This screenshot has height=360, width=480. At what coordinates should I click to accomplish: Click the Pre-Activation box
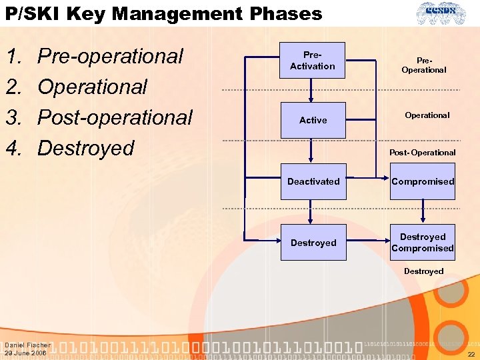coord(313,61)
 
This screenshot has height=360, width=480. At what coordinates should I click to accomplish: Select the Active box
coord(313,120)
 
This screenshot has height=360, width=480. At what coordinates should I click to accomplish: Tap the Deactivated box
coord(313,181)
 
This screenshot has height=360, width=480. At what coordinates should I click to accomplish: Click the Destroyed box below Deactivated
coord(313,243)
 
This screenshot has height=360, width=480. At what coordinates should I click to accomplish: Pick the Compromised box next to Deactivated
coord(423,181)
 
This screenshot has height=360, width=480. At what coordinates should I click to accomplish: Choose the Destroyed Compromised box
coord(423,243)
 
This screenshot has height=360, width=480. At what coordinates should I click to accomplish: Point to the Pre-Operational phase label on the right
coord(423,65)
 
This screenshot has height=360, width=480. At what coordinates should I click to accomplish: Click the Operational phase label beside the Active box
coord(427,115)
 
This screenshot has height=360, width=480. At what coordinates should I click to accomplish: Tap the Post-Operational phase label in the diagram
coord(422,153)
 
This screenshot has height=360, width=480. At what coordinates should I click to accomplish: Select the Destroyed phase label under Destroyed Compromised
coord(423,271)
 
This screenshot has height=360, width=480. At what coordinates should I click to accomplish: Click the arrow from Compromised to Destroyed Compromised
coord(423,212)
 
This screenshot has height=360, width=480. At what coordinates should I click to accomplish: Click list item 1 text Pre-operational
coord(110,57)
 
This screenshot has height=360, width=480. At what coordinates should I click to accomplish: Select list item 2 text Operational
coord(92,87)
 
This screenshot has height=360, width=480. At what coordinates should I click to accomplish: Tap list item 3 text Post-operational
coord(115,117)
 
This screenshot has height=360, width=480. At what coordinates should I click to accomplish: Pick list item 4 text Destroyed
coord(86,148)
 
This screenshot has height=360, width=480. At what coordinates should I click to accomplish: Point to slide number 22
coord(471,354)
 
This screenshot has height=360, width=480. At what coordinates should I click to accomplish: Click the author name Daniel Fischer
coord(27,345)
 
